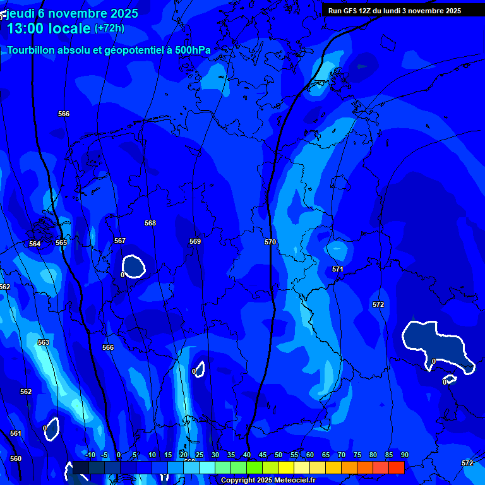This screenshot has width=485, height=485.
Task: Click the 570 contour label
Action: pyautogui.click(x=270, y=242)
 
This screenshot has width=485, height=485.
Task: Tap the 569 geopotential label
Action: pyautogui.click(x=195, y=241)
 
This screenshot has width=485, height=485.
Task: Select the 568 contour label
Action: pyautogui.click(x=150, y=223)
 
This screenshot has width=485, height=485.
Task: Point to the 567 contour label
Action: pyautogui.click(x=120, y=241)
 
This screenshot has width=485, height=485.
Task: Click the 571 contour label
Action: pyautogui.click(x=338, y=269)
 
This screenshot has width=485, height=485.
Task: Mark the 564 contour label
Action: pyautogui.click(x=35, y=244)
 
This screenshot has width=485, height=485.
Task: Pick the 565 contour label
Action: pyautogui.click(x=61, y=242)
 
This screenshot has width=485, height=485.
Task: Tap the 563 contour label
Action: pyautogui.click(x=43, y=342)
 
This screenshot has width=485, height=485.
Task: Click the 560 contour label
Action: pyautogui.click(x=16, y=458)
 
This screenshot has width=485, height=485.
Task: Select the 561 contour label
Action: pyautogui.click(x=16, y=433)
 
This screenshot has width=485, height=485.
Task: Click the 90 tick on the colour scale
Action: pyautogui.click(x=404, y=455)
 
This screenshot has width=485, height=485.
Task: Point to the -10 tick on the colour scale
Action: pyautogui.click(x=90, y=455)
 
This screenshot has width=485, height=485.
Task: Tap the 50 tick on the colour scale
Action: pyautogui.click(x=278, y=455)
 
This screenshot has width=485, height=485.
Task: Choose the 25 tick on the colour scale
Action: pyautogui.click(x=200, y=455)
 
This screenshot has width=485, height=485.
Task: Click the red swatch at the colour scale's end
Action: pyautogui.click(x=396, y=467)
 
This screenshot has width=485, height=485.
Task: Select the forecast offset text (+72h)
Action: pyautogui.click(x=109, y=28)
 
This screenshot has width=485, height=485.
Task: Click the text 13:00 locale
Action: pyautogui.click(x=49, y=28)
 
